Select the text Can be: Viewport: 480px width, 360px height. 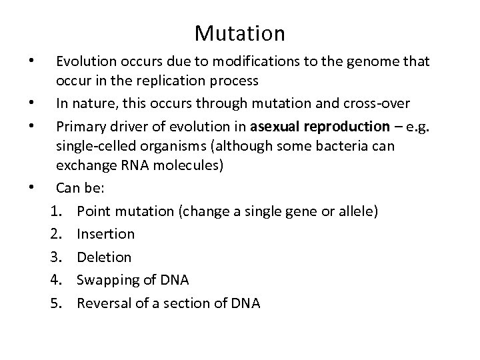click(81, 190)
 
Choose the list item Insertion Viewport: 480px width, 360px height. click(105, 234)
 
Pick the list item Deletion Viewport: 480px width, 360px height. click(104, 257)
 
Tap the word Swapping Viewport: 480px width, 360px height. click(106, 280)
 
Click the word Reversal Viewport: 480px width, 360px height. click(103, 303)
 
